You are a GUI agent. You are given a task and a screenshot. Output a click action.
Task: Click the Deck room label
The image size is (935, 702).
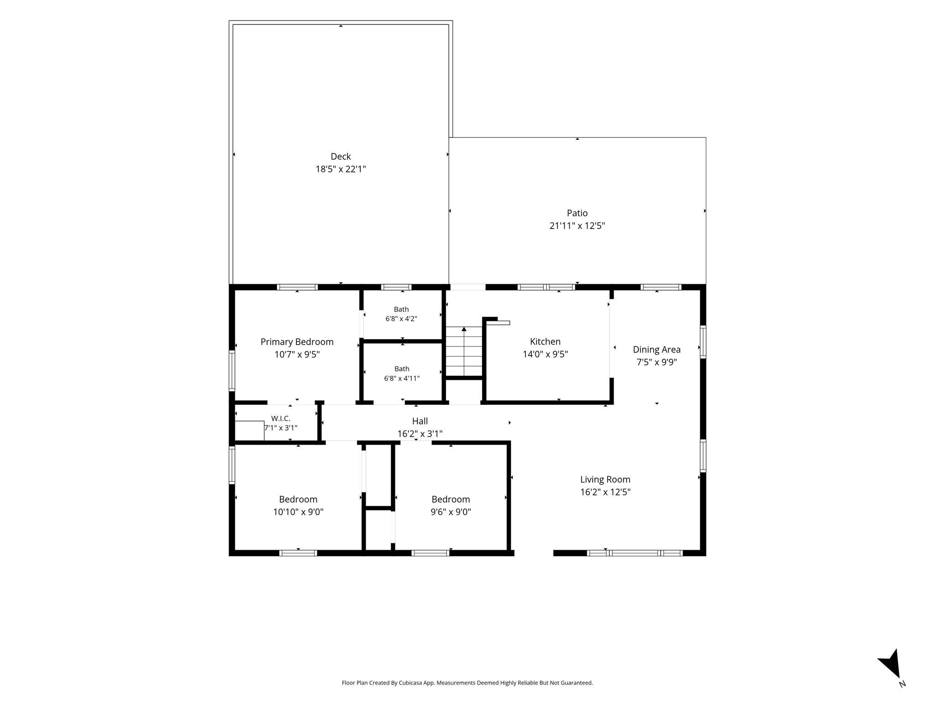pos(341,156)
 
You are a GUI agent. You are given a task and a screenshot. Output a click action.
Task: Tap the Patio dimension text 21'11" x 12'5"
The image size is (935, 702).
pos(577,226)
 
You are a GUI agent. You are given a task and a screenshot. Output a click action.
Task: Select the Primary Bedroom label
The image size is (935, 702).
pos(297,342)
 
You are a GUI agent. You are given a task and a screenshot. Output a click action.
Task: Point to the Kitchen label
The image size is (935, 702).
pos(545,341)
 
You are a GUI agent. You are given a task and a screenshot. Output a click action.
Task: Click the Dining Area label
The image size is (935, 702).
pos(657,350)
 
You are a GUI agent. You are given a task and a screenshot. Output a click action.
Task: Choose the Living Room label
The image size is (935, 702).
pos(605,479)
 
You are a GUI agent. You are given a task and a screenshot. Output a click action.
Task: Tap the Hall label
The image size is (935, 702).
pos(420,421)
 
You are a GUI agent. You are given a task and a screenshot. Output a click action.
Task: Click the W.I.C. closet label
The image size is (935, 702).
pos(280,418)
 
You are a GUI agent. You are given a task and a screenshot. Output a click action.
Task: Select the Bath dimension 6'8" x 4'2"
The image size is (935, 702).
pos(401,319)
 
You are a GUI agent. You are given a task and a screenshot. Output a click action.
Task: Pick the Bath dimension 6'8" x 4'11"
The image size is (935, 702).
pos(402,378)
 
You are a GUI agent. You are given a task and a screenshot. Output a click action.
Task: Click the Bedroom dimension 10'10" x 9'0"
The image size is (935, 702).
pos(298,512)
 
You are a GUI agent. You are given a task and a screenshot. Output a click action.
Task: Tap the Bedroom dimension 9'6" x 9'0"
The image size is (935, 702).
pos(451,512)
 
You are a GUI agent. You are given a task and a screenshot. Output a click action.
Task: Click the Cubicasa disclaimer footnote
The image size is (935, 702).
pos(467,683)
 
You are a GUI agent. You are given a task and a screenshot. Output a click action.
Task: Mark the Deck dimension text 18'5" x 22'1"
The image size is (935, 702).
pos(341,169)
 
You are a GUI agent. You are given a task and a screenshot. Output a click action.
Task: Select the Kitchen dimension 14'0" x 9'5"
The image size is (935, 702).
pos(545,354)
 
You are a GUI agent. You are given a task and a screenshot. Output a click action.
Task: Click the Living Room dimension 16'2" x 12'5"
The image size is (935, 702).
pos(605,492)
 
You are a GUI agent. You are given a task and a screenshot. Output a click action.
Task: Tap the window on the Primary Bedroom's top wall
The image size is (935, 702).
pos(297,287)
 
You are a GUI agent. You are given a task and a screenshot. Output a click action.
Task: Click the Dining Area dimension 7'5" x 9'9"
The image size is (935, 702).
pos(657,362)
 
